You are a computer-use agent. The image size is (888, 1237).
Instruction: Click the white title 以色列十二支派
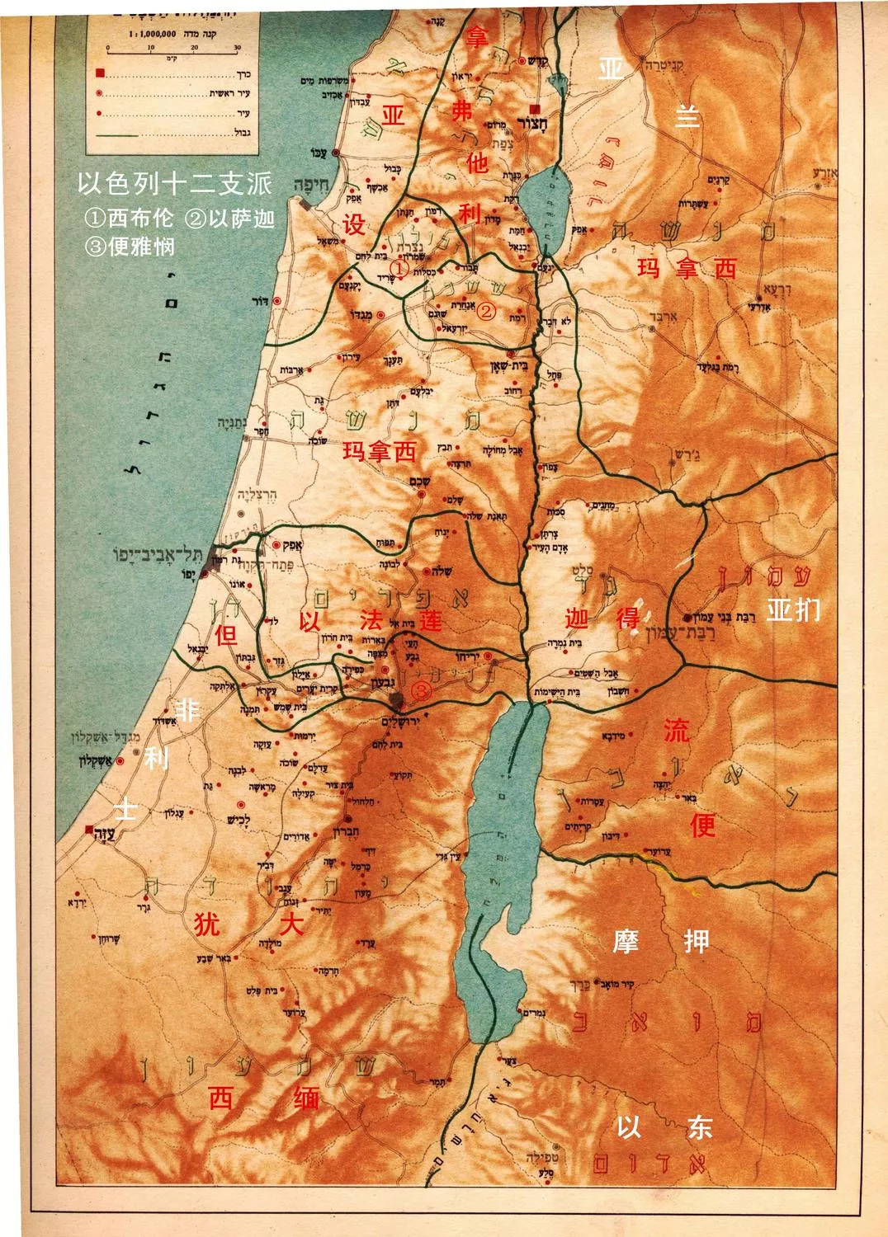(174, 183)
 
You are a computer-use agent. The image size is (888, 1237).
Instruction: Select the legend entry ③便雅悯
(130, 246)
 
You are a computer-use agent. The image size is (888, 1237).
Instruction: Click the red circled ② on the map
(487, 311)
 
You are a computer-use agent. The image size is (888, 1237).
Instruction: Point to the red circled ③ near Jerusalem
(421, 690)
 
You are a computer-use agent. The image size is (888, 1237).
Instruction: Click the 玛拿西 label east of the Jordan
(687, 268)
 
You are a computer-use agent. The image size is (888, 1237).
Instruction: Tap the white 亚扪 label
(793, 609)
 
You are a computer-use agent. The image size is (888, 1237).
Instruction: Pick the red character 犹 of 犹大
(206, 924)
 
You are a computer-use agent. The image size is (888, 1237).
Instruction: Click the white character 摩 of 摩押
(626, 941)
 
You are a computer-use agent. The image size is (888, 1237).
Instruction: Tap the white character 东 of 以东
(699, 1127)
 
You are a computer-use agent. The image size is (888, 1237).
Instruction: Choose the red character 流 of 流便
(676, 729)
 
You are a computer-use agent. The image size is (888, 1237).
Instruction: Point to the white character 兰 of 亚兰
(687, 117)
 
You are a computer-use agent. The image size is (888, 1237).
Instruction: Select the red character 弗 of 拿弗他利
(462, 111)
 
